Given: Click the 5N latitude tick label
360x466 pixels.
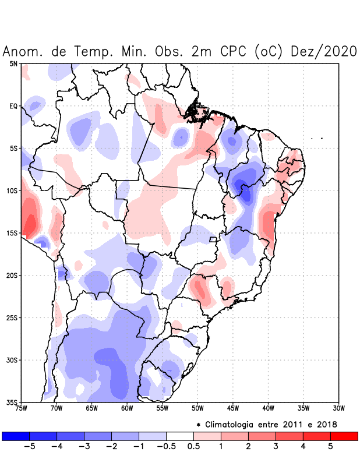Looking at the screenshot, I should tap(13, 63).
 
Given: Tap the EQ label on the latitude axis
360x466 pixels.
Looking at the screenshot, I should tap(13, 106).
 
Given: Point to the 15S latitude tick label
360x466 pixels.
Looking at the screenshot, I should tap(12, 233).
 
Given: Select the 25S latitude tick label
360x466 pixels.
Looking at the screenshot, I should tap(12, 317).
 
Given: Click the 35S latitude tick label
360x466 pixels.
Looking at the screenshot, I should tap(12, 402).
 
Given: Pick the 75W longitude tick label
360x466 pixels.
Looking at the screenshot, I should tap(21, 408).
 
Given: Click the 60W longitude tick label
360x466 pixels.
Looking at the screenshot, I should tap(127, 408).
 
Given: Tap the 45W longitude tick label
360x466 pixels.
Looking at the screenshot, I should tap(233, 408).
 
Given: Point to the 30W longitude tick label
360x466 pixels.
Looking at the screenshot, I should tap(338, 408).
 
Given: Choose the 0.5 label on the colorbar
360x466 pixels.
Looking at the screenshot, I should tap(193, 446).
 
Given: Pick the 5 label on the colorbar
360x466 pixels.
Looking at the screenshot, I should tap(330, 446).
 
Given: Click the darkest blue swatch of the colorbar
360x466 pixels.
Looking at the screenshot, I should tap(16, 436).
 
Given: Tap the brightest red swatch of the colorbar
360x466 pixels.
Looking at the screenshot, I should tap(344, 436).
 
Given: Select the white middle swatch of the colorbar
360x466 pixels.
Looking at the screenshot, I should tap(179, 436).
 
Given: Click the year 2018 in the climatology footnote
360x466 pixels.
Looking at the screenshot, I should tap(325, 424).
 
